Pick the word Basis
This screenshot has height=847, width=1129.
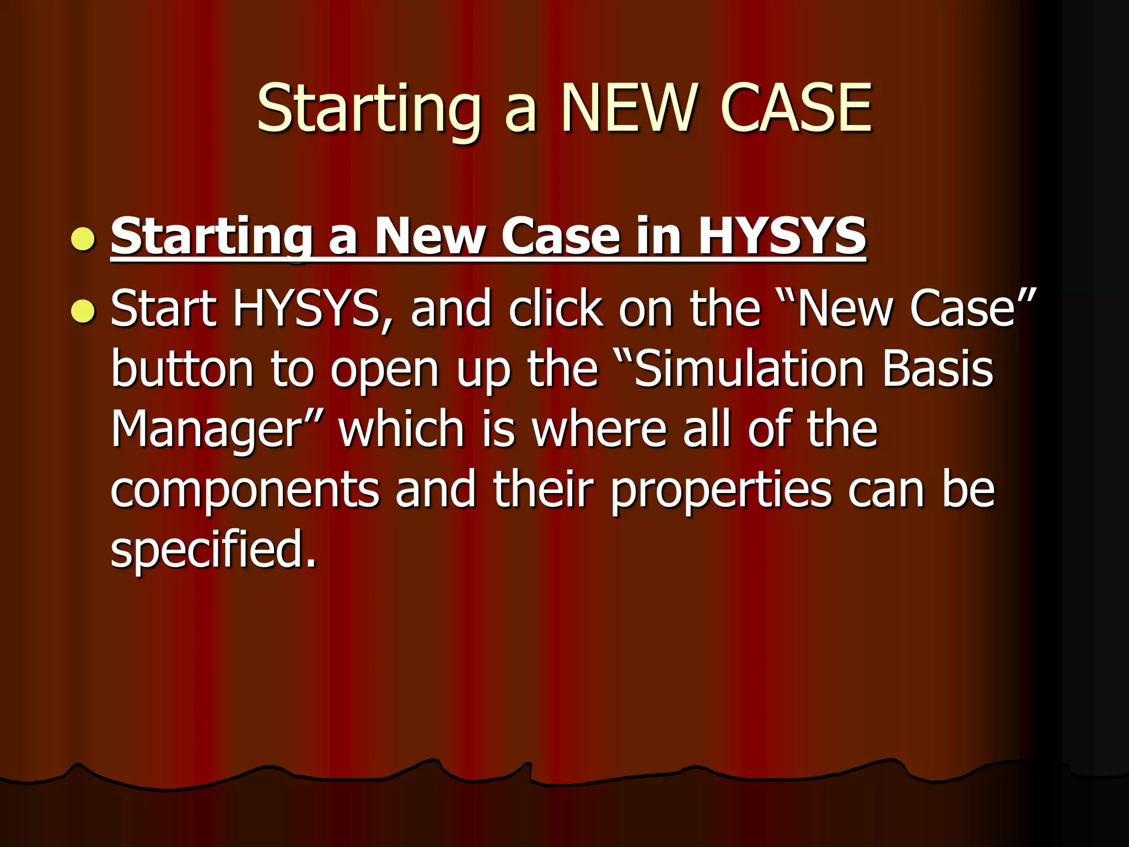click(x=938, y=369)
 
